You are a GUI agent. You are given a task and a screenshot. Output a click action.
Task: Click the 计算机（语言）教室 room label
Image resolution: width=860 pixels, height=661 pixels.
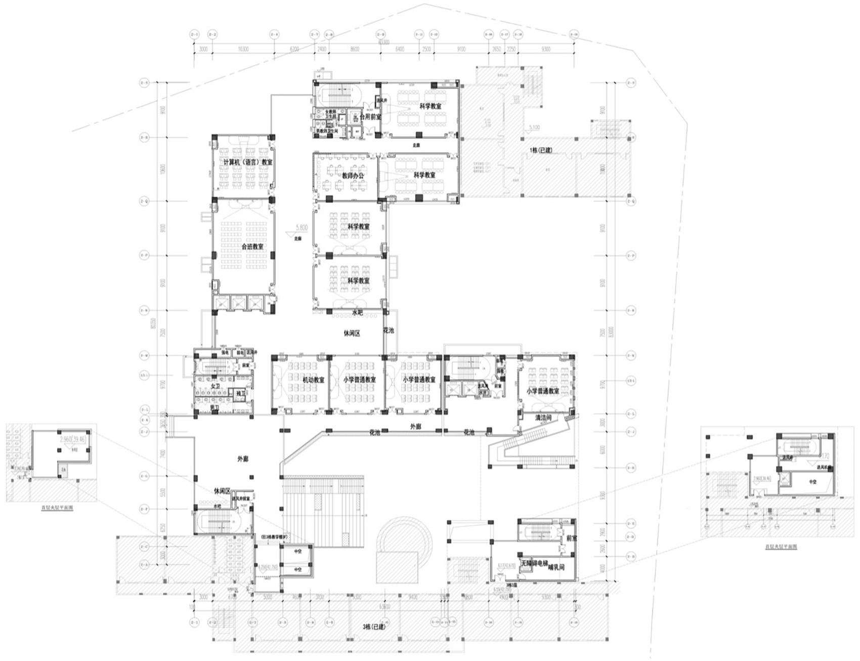point(248,162)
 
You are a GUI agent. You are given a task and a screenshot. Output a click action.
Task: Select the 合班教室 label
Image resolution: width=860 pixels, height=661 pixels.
point(252,247)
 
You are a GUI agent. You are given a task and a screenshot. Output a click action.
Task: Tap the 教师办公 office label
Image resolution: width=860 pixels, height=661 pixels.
point(353,176)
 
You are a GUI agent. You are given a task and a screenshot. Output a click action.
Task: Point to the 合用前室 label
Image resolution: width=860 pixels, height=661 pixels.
point(370,117)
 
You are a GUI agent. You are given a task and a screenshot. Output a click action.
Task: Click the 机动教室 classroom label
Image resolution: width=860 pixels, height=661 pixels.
point(313,380)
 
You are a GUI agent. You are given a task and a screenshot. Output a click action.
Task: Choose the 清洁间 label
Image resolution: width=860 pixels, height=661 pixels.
point(543,418)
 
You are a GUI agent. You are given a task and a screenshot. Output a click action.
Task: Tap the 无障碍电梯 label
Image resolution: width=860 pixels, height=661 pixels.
point(536,563)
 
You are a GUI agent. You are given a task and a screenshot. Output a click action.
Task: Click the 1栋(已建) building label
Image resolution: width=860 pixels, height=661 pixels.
point(541,151)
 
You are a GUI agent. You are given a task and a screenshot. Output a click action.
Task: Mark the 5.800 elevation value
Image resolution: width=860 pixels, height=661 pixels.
point(301,229)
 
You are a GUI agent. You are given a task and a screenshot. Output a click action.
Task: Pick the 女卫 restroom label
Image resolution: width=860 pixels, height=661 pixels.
point(215,387)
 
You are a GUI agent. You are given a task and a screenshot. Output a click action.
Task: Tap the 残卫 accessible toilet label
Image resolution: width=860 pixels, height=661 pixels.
point(240,394)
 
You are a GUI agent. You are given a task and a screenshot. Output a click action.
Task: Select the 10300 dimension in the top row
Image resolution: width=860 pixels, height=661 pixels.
point(243,50)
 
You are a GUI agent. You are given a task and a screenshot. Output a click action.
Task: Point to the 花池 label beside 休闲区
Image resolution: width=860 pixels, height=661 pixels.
point(388,330)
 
